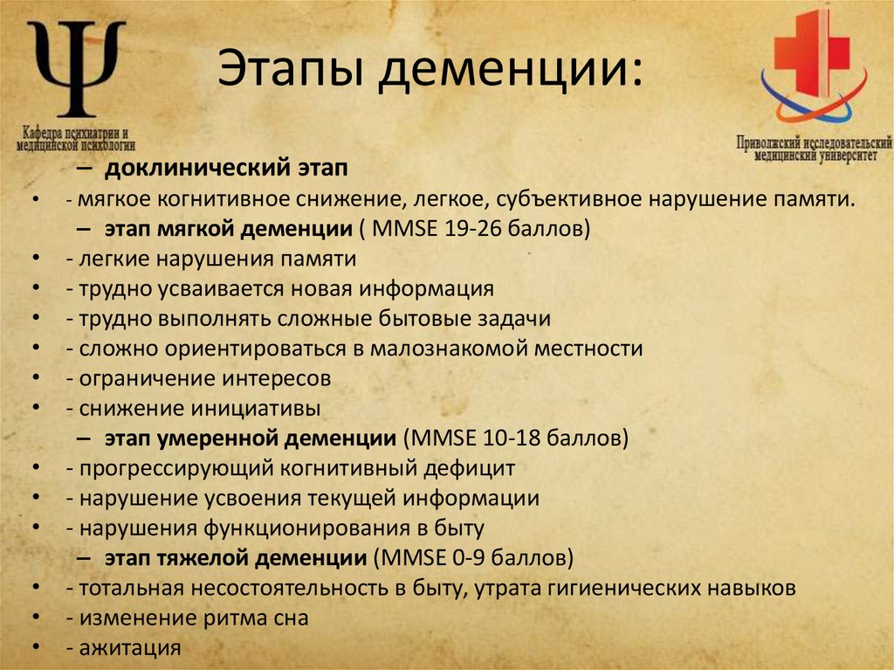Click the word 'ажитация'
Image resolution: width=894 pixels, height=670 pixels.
130,647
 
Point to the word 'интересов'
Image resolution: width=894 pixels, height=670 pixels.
278,378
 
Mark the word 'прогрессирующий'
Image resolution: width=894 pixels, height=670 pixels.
175,467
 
